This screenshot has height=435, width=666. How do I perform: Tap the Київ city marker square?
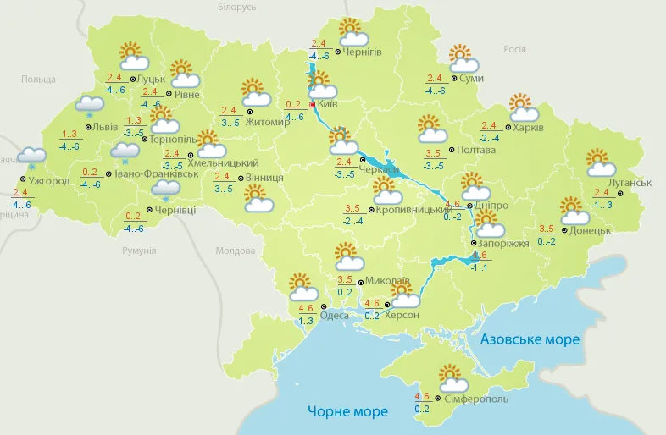click(313, 105)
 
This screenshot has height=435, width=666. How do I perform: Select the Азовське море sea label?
click(530, 339)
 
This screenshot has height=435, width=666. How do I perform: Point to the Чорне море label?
click(347, 411)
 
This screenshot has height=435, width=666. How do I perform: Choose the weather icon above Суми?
click(463, 59)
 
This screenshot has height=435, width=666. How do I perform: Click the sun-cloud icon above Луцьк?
click(133, 57)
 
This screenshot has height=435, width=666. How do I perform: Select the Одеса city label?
click(335, 315)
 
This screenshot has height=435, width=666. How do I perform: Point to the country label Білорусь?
click(236, 7)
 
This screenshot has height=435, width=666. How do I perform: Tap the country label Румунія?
click(139, 251)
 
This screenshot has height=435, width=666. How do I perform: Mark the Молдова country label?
click(235, 251)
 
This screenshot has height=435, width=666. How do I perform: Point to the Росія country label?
click(514, 49)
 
